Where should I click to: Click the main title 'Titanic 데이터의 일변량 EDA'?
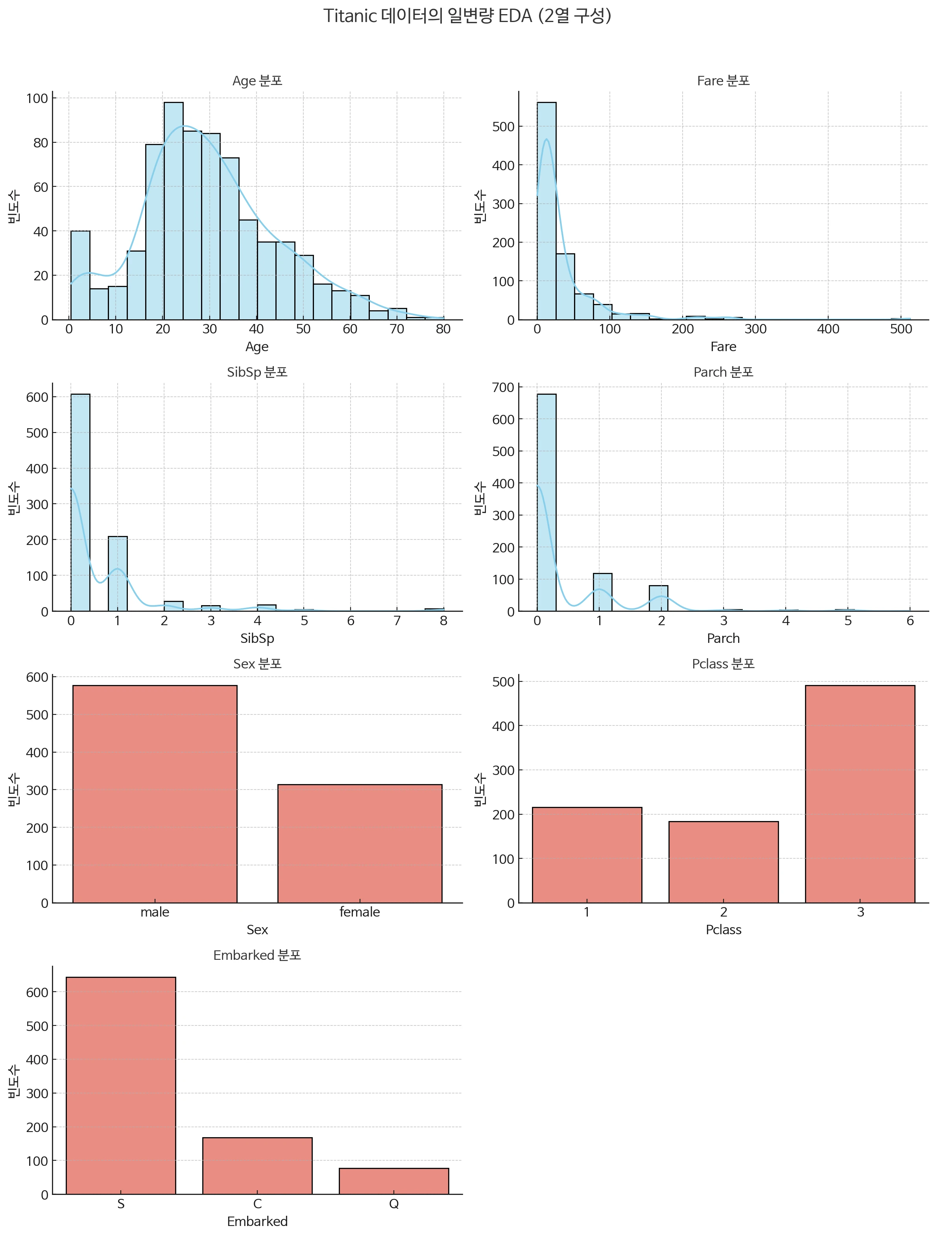[x=467, y=16]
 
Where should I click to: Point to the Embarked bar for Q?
[x=393, y=1181]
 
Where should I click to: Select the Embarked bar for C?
[x=257, y=1166]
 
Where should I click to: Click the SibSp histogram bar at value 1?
[x=118, y=574]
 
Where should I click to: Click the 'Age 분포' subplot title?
[x=257, y=81]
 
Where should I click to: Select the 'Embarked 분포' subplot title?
[x=257, y=955]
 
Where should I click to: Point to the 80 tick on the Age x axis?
[x=443, y=329]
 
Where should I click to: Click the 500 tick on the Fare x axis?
[x=901, y=329]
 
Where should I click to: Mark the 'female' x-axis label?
[x=359, y=912]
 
